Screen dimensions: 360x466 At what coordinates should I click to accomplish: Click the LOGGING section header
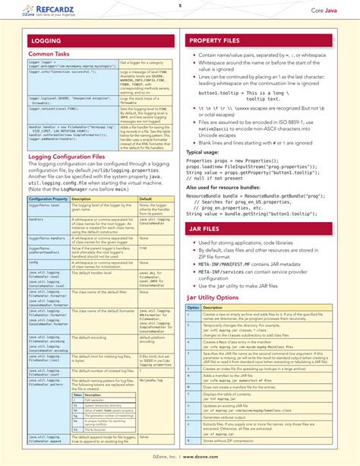point(45,40)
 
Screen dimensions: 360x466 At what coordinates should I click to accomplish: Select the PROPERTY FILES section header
point(216,40)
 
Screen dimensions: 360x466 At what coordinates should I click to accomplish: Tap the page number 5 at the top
point(180,5)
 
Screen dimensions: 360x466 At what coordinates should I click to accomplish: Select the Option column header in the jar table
point(194,308)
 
